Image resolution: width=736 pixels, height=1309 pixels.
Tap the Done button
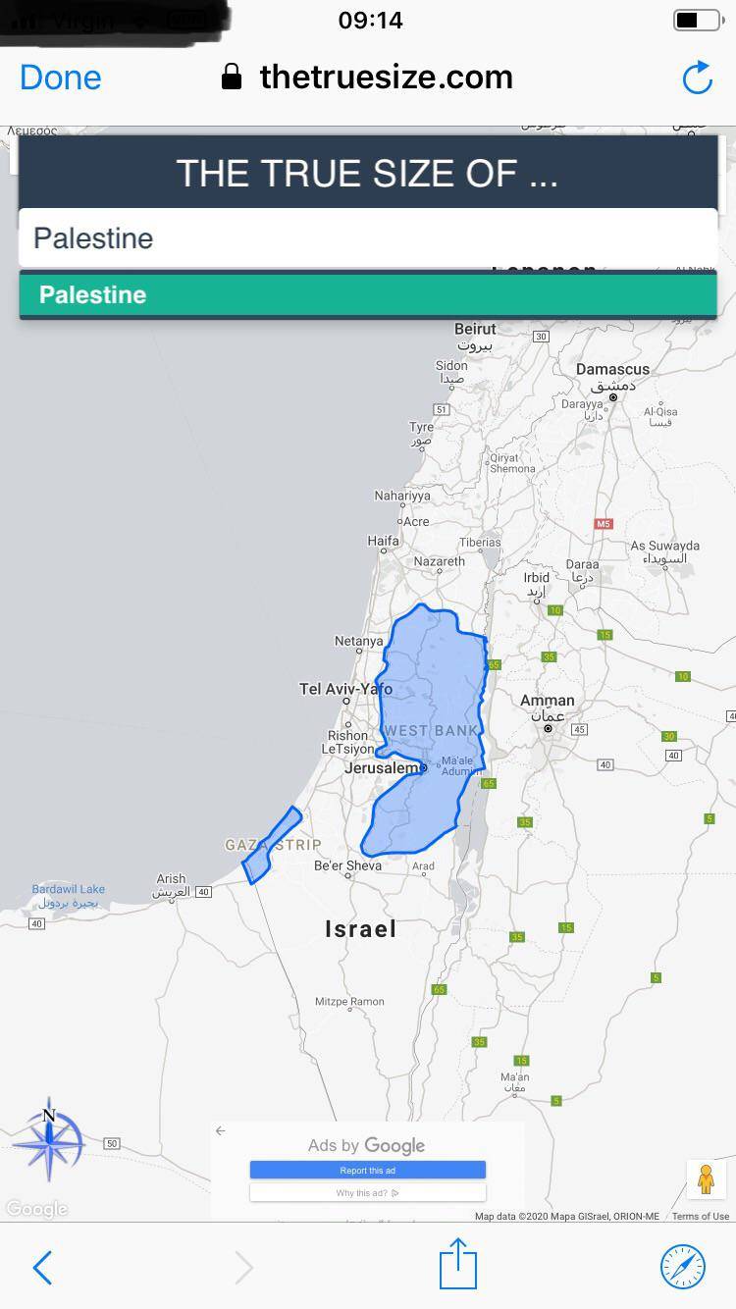click(60, 78)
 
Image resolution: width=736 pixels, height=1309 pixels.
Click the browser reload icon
click(697, 78)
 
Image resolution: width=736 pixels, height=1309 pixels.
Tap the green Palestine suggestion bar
click(368, 295)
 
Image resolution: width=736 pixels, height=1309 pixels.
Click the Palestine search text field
click(368, 238)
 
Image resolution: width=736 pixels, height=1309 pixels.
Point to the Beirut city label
click(476, 330)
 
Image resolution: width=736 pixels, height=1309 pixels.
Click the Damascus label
click(612, 370)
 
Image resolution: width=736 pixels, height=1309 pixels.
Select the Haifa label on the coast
click(383, 541)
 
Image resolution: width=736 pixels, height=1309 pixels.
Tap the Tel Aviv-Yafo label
click(345, 689)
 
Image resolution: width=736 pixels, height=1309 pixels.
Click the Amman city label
click(547, 701)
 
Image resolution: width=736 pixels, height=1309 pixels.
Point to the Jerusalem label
click(383, 768)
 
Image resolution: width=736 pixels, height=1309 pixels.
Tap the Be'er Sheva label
click(347, 866)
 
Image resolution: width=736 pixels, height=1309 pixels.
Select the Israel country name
click(361, 928)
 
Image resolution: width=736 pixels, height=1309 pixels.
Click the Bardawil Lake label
click(68, 890)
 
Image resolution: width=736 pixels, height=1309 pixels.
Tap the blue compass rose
click(49, 1143)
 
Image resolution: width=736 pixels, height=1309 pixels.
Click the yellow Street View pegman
click(706, 1178)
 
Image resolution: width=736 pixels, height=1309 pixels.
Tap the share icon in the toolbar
click(457, 1264)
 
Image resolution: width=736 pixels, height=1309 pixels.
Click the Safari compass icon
click(683, 1266)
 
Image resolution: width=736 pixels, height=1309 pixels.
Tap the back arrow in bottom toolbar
click(42, 1268)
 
